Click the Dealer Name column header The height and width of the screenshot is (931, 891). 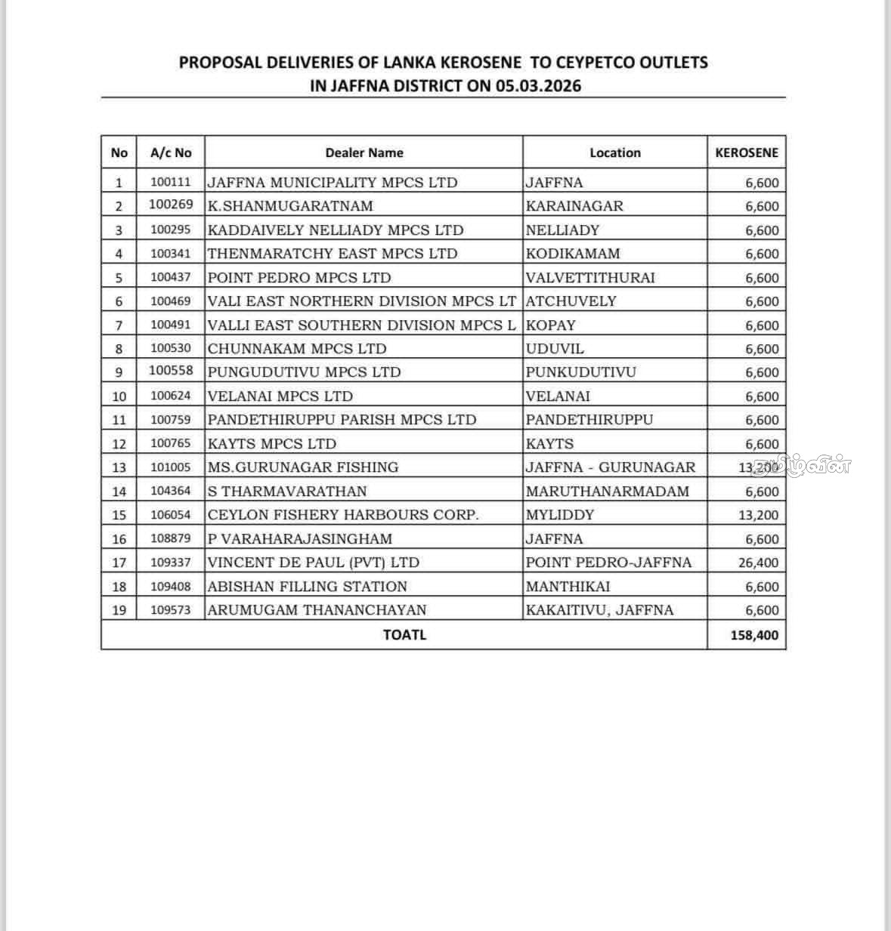(x=364, y=153)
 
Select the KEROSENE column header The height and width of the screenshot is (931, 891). (x=746, y=153)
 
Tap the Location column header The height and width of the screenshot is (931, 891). (x=614, y=153)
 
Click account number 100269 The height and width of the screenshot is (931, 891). (x=171, y=205)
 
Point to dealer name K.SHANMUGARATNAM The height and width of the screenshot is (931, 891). (x=290, y=206)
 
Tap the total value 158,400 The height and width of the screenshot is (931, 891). (x=754, y=635)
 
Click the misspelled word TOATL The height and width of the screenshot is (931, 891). (x=404, y=635)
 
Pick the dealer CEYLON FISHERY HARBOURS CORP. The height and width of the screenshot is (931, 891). (x=343, y=515)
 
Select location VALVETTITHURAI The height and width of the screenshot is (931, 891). (x=590, y=277)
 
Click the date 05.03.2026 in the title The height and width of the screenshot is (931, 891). (x=539, y=85)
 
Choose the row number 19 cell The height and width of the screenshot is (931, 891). (x=119, y=610)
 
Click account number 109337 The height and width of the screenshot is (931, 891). (x=171, y=563)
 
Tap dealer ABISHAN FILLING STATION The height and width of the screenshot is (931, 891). (x=307, y=587)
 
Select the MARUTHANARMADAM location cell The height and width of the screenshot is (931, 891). (x=608, y=492)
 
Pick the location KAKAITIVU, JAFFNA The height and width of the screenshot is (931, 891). (x=599, y=610)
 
